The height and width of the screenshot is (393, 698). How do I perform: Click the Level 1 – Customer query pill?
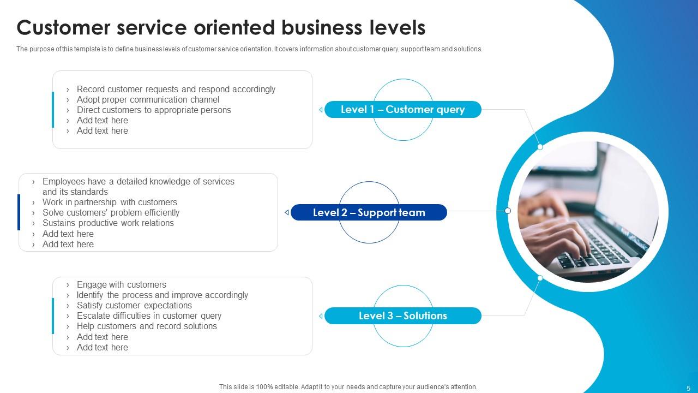pos(402,110)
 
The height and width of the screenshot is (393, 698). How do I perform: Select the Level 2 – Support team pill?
pos(369,212)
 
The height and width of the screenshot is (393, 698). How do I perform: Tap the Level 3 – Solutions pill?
pos(402,315)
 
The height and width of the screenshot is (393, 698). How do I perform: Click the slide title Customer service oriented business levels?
pos(221,27)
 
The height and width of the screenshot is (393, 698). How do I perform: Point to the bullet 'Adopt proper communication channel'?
pos(148,99)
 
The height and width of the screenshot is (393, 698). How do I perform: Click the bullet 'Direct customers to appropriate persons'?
pos(154,110)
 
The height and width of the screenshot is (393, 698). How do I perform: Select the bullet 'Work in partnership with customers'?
pos(110,202)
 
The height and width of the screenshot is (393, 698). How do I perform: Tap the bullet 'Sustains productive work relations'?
pos(108,223)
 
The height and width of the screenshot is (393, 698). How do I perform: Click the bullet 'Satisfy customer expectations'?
pos(134,305)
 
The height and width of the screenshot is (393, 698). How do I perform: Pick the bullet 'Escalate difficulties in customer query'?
pos(149,315)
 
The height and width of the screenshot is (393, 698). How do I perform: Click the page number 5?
pos(688,386)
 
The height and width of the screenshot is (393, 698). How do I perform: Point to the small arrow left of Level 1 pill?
pos(321,110)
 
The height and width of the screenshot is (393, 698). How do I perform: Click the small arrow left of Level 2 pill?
pos(287,212)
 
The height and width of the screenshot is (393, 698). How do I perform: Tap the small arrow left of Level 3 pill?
pos(321,315)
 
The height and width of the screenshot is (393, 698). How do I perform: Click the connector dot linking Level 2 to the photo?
pos(508,211)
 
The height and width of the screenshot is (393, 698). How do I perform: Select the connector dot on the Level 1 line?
pos(540,147)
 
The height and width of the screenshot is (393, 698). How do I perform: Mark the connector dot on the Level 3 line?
pos(540,278)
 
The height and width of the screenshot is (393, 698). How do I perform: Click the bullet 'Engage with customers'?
pos(121,284)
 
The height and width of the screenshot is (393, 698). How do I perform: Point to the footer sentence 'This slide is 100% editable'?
pos(348,386)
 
